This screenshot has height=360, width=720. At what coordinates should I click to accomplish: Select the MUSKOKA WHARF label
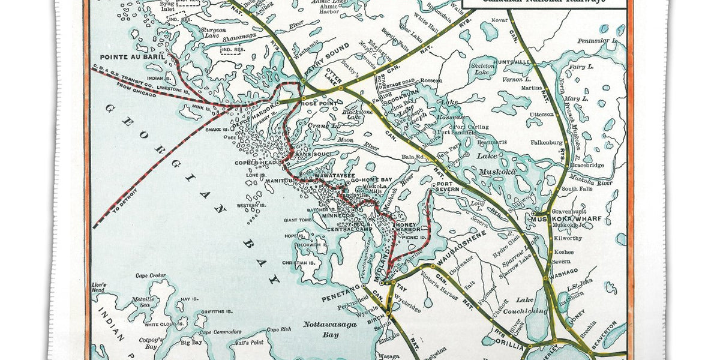tap(559, 220)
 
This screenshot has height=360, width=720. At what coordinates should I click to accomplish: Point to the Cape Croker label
tap(151, 276)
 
